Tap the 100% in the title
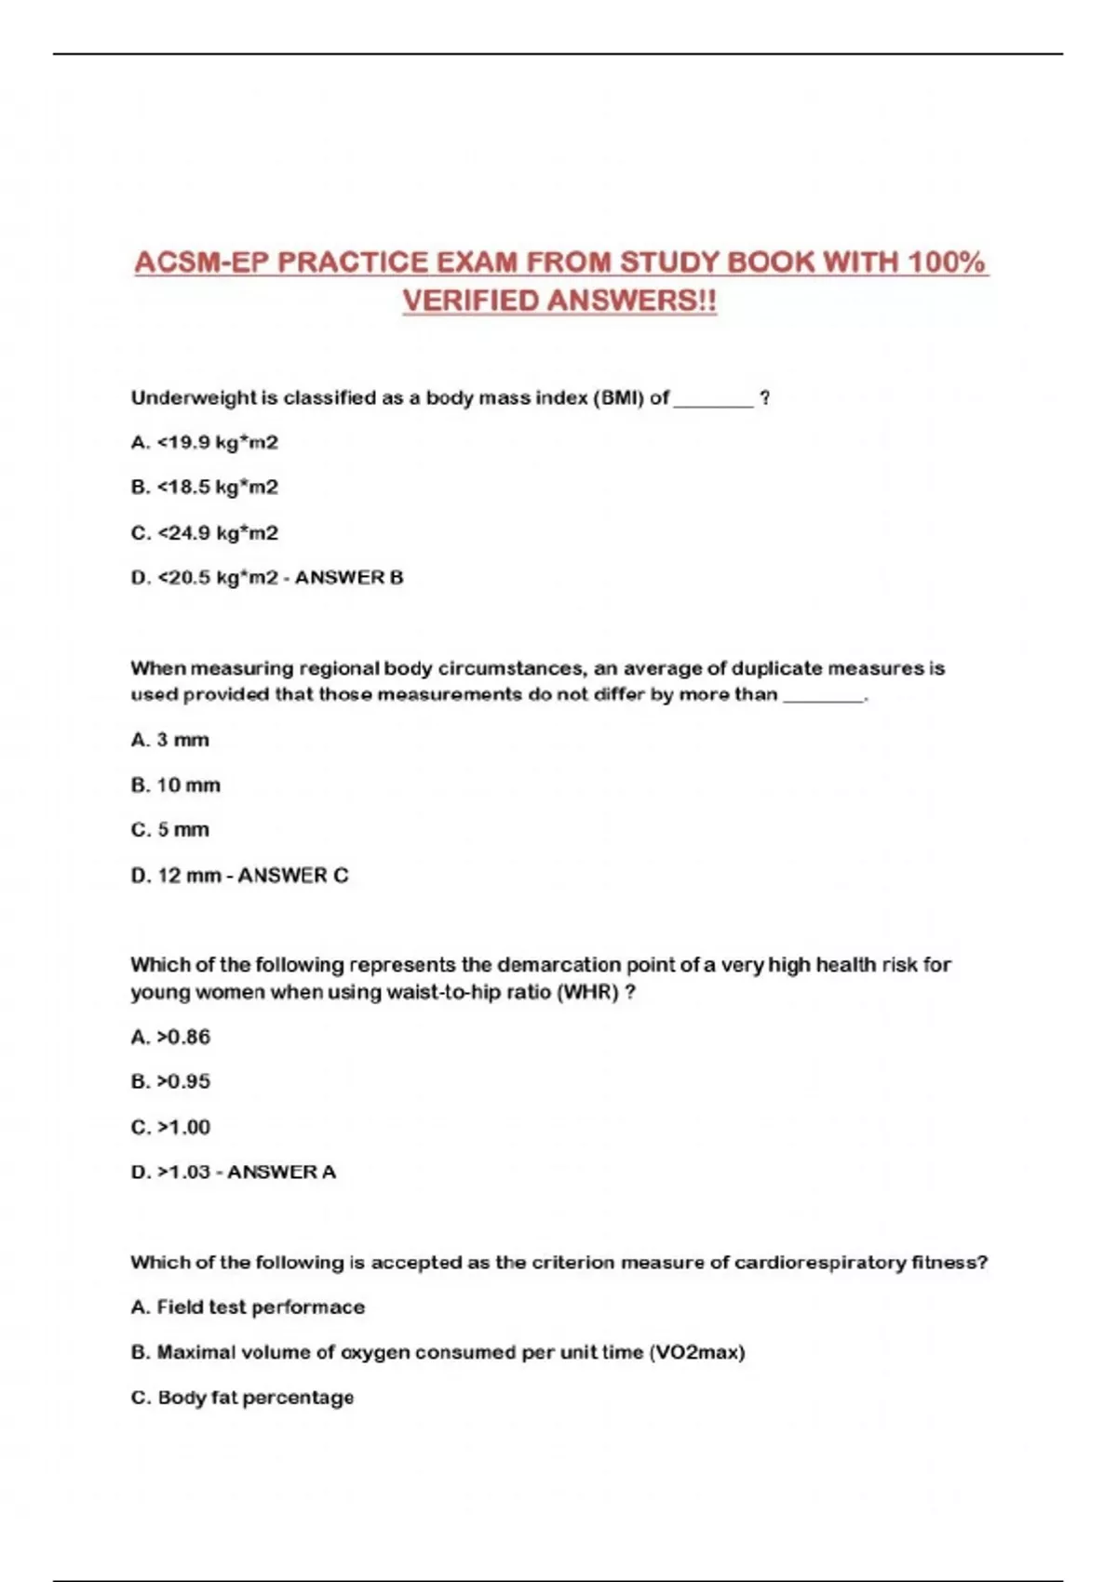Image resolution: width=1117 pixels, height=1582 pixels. [947, 262]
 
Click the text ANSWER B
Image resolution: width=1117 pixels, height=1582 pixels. [349, 578]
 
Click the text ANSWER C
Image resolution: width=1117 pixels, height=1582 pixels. [293, 876]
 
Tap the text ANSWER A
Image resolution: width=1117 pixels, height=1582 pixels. [281, 1173]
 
